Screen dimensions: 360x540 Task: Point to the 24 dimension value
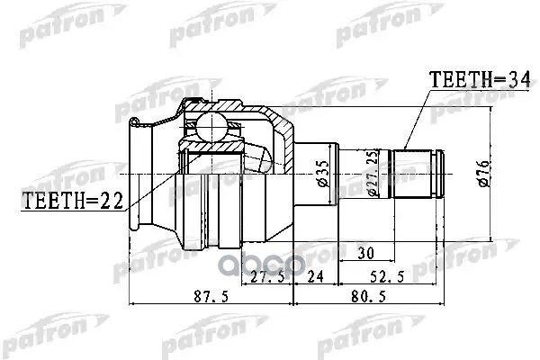(x=316, y=278)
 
